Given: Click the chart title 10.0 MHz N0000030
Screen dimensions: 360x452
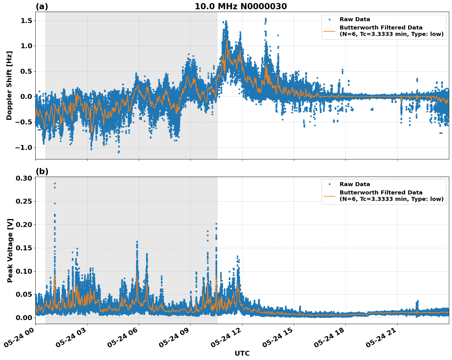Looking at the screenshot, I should (241, 6).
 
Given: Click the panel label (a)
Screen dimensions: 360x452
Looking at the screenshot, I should (42, 6).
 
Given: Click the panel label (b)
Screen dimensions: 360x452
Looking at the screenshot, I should (42, 172).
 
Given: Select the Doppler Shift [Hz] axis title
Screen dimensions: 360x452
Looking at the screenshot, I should (9, 85).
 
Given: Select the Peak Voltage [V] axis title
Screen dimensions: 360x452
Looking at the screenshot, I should (10, 250).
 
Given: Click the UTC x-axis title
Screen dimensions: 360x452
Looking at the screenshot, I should (242, 353).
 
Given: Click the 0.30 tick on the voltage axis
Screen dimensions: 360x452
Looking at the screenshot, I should (26, 178).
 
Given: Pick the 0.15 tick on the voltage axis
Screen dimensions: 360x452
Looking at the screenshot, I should (26, 248).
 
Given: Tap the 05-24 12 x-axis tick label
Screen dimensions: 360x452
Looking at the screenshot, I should (227, 339).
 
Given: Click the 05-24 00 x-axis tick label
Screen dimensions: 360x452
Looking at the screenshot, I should (20, 339).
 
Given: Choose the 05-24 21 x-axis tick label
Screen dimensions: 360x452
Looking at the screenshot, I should (382, 339).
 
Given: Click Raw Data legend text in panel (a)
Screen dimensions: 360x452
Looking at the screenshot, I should (355, 19).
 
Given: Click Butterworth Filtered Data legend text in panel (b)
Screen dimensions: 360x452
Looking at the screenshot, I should (381, 193).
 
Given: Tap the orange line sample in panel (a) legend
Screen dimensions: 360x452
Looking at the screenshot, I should (329, 31).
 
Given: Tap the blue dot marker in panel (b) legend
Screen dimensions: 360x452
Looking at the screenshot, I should (329, 184).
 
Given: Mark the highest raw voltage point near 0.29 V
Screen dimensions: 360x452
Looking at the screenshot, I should (55, 184).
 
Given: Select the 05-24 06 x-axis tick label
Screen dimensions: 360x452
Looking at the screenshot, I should (123, 339).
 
